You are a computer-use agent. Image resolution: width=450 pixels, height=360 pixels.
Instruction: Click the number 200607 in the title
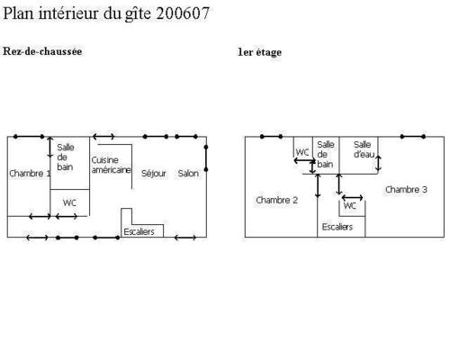(x=183, y=13)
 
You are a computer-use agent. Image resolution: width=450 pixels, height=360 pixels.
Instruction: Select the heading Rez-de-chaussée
(x=42, y=51)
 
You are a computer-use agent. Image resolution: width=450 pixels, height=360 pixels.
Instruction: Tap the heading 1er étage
(x=260, y=52)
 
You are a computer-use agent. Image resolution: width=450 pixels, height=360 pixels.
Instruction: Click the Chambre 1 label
(x=30, y=174)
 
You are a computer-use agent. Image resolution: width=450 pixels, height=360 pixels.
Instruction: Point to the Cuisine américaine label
(x=111, y=165)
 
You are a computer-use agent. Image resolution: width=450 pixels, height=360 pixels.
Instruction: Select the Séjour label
(x=154, y=174)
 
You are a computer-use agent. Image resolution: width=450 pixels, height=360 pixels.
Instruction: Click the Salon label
(x=188, y=174)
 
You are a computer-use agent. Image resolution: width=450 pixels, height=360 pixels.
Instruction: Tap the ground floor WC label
(x=69, y=202)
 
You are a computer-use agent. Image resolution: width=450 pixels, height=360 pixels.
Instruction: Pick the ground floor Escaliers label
(x=139, y=231)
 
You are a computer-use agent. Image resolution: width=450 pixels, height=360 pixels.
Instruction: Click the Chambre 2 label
(x=276, y=200)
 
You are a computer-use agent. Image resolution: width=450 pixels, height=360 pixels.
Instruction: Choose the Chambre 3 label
(x=406, y=190)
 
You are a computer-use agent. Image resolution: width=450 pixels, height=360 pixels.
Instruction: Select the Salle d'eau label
(x=364, y=149)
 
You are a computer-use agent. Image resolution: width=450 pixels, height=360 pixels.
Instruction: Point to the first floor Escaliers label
(x=337, y=227)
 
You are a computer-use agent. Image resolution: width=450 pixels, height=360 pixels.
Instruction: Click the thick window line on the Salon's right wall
(x=206, y=158)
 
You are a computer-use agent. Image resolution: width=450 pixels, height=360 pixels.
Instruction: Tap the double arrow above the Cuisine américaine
(x=103, y=137)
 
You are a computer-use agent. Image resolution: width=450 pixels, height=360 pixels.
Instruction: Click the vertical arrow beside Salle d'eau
(x=378, y=164)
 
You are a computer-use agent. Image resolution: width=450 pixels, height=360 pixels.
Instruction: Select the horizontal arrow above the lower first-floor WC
(x=353, y=198)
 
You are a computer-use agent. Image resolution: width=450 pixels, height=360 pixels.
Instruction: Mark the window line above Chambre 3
(x=413, y=137)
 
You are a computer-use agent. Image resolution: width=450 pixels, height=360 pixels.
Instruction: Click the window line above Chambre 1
(x=29, y=137)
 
